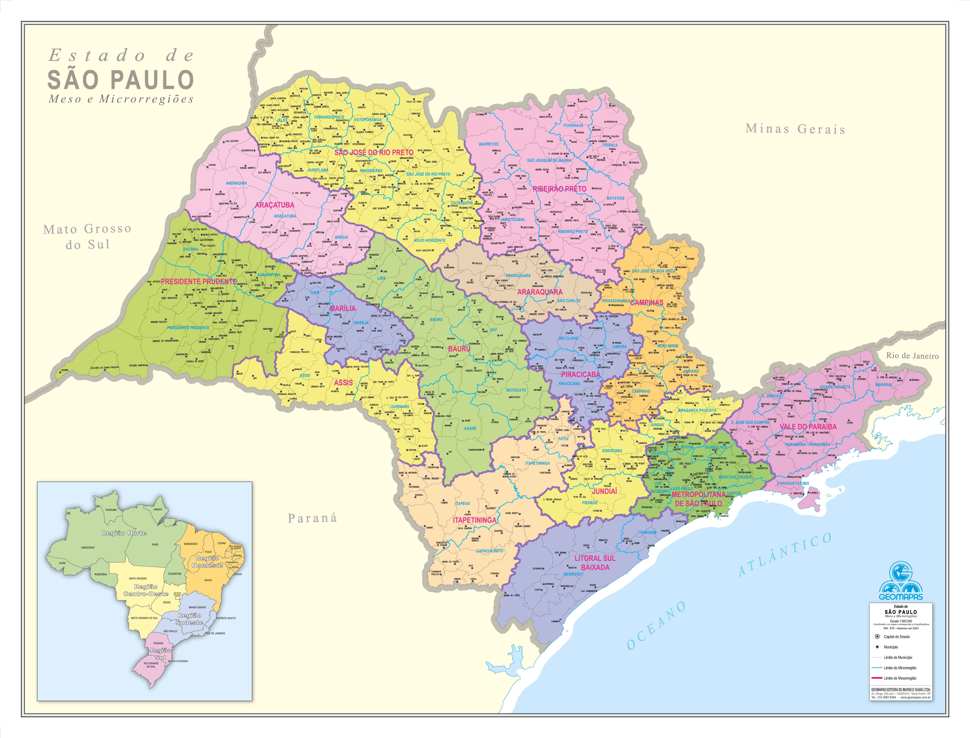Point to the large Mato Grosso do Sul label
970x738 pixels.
click(x=87, y=236)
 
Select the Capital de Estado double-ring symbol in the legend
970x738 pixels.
click(x=877, y=637)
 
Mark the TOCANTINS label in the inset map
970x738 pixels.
click(x=174, y=574)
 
